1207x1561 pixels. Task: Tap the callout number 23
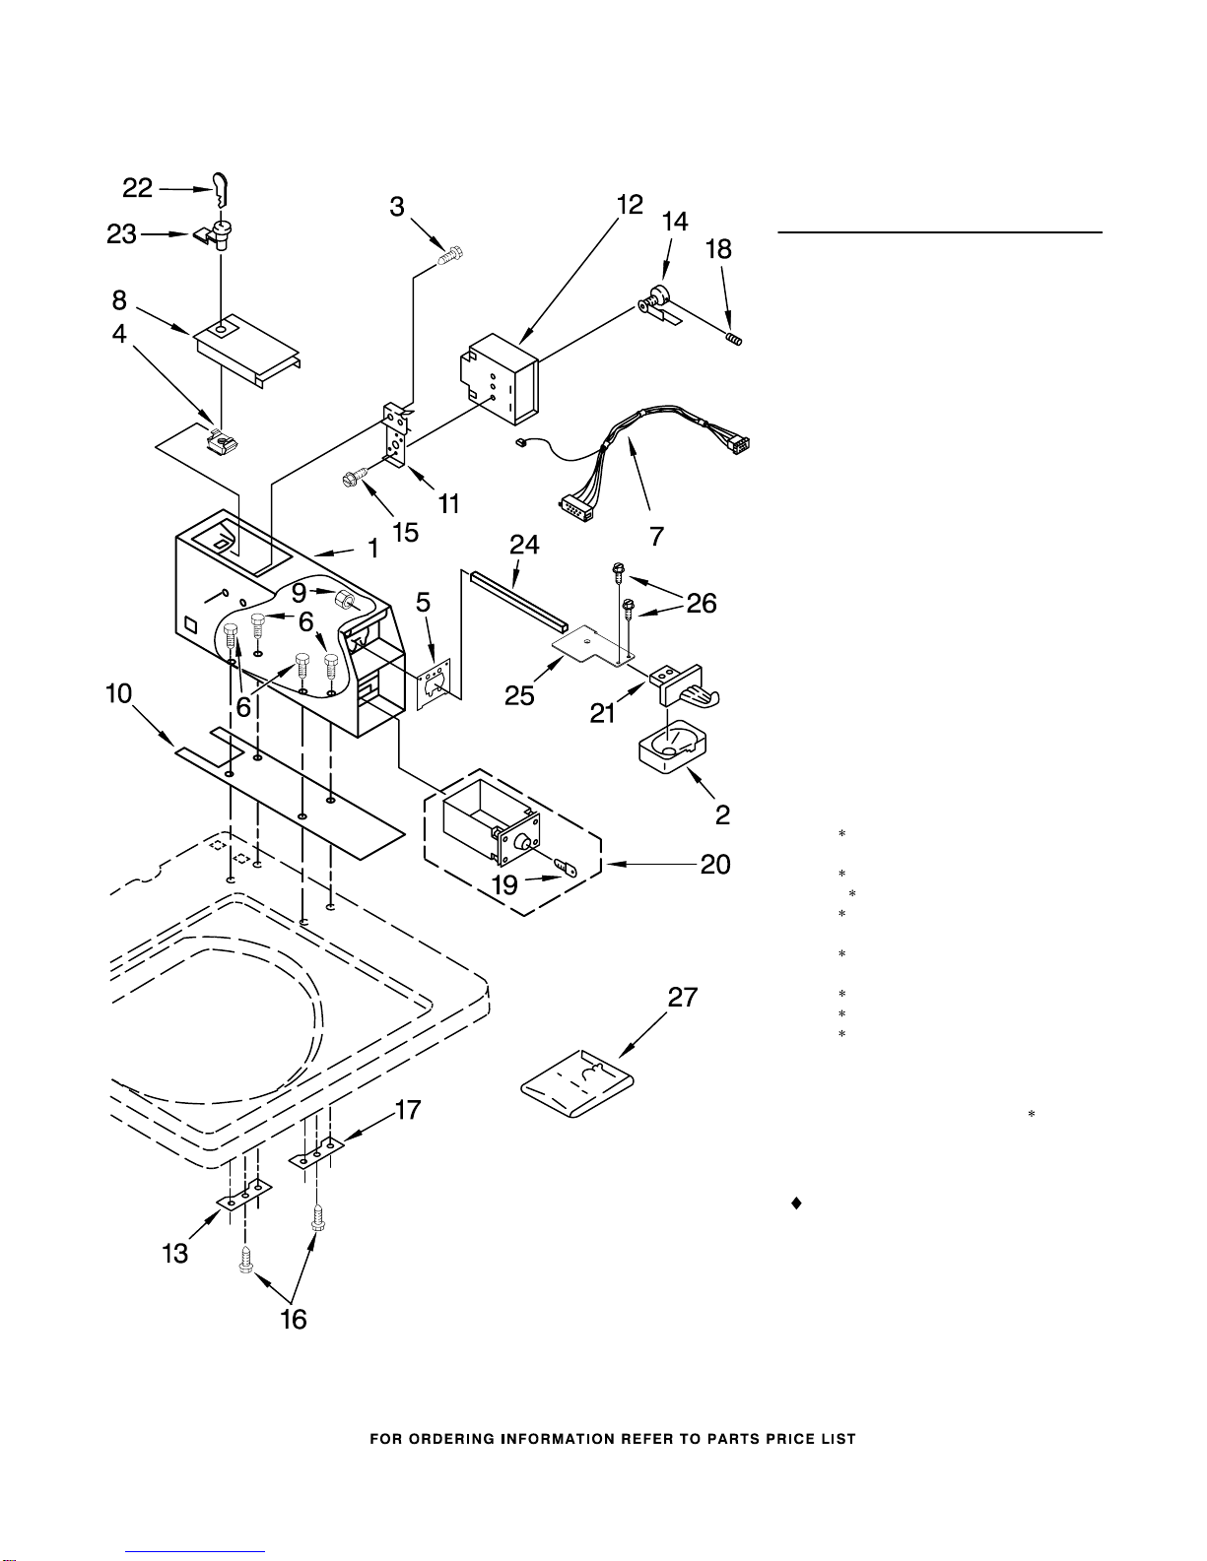(121, 234)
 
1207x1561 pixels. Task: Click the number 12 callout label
(630, 205)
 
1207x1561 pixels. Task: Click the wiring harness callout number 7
(656, 536)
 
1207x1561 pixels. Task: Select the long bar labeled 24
(518, 598)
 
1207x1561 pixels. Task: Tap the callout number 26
(702, 604)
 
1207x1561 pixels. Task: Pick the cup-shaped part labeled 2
(672, 748)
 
